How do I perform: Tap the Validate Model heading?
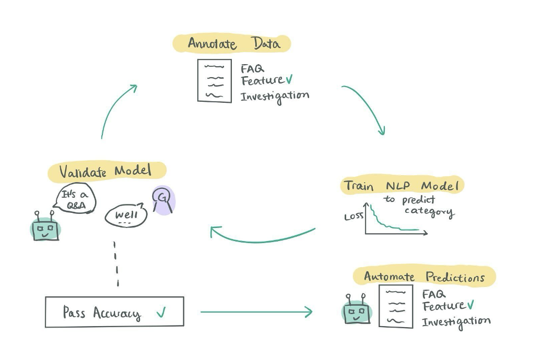pos(106,171)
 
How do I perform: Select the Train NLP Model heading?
pos(402,186)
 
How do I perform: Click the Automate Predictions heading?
pos(424,277)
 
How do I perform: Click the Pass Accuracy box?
pos(114,312)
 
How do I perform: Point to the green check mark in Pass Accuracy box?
pos(161,313)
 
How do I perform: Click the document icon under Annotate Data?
pos(214,81)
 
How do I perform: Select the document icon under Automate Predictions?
pos(395,306)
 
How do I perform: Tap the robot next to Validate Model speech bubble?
pos(45,228)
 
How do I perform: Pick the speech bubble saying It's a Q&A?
pos(75,198)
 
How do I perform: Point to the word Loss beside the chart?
pos(353,215)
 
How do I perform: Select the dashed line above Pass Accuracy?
pos(116,264)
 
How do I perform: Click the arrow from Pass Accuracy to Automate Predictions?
pos(256,312)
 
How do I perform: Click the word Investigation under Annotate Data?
pos(275,96)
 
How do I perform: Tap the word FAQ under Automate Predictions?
pos(433,294)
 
